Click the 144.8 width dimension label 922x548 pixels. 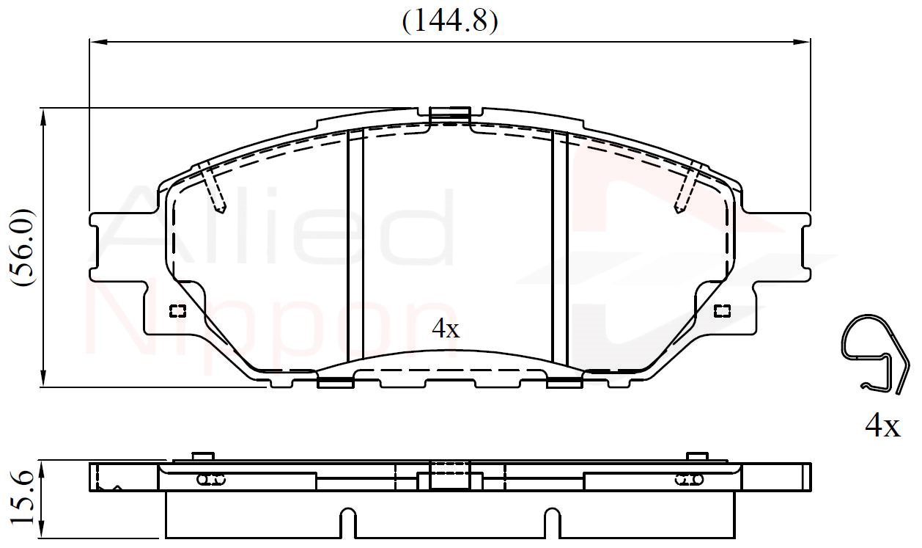point(450,21)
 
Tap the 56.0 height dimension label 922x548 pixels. point(23,248)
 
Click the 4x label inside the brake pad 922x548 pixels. point(446,329)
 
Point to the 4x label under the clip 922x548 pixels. point(882,425)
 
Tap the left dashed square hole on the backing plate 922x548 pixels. point(178,311)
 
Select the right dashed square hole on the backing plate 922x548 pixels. point(722,311)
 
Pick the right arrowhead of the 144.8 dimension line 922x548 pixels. point(802,42)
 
